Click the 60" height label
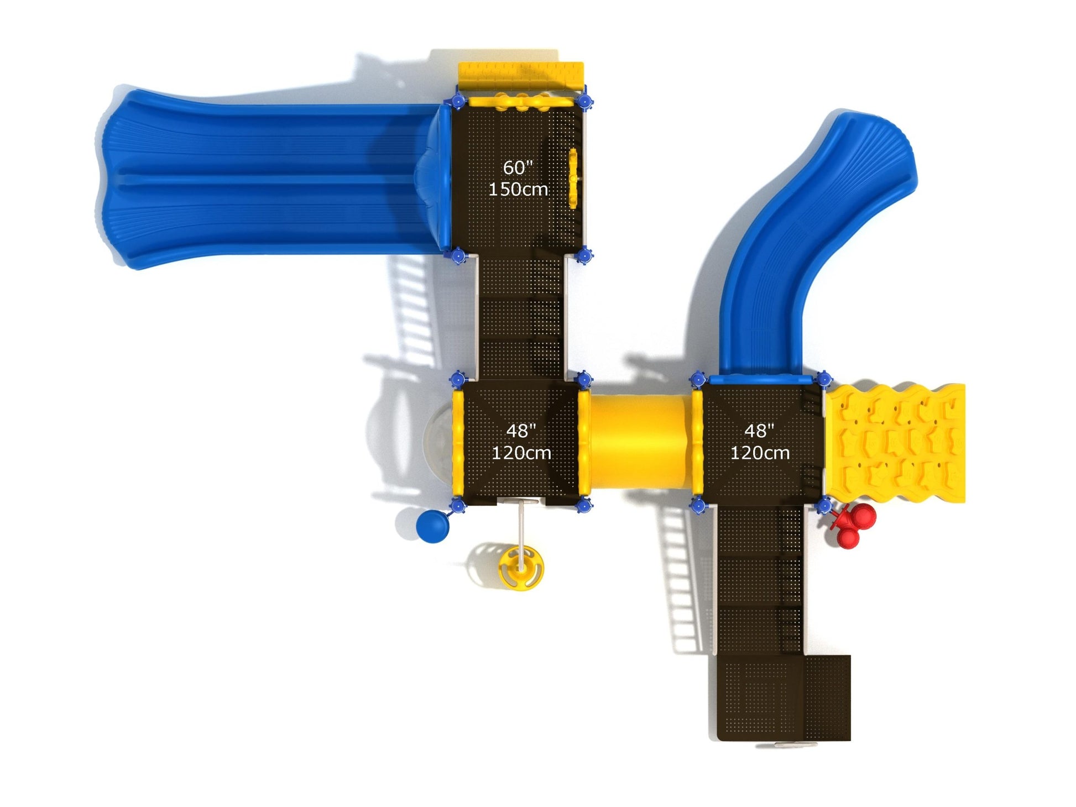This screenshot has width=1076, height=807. pyautogui.click(x=518, y=167)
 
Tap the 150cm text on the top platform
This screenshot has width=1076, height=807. pyautogui.click(x=518, y=189)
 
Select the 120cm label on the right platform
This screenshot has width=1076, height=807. pyautogui.click(x=760, y=453)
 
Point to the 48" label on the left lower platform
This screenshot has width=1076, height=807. pyautogui.click(x=521, y=431)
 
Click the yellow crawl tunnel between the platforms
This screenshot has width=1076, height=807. pyautogui.click(x=640, y=442)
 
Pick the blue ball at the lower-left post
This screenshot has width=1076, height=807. pyautogui.click(x=433, y=526)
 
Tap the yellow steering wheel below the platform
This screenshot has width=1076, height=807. pyautogui.click(x=521, y=568)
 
